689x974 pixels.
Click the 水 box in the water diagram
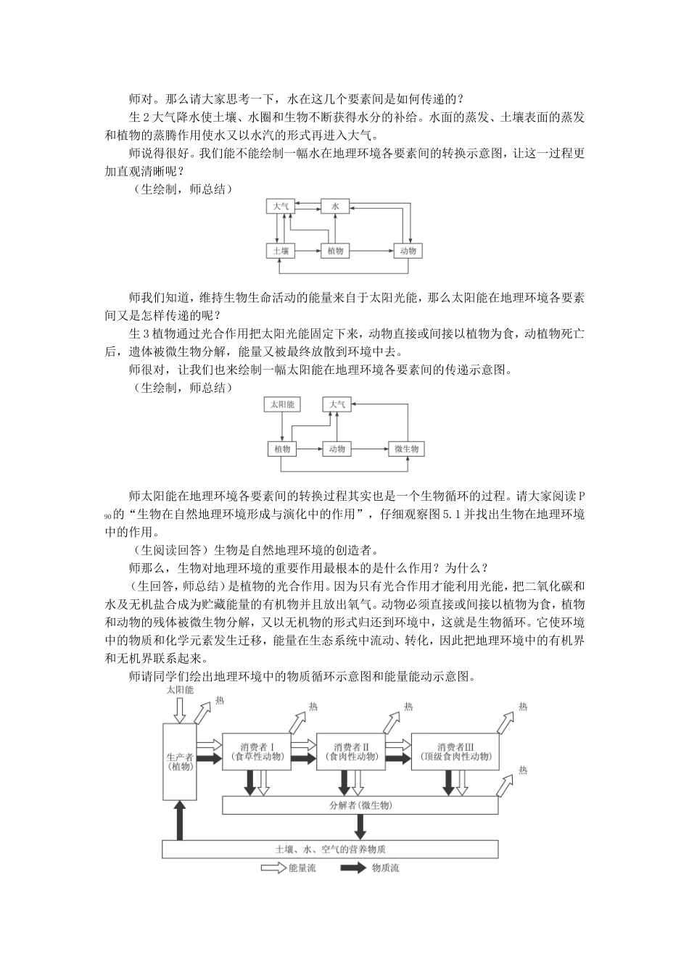(x=335, y=207)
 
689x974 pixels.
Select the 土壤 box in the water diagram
(x=281, y=251)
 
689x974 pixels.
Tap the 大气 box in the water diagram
(x=281, y=207)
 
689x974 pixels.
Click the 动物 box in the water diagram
(x=408, y=251)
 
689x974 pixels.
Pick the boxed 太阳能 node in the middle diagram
(x=282, y=404)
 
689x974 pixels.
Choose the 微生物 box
(x=406, y=449)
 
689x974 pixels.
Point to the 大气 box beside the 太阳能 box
(x=338, y=404)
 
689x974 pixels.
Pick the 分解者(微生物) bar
(x=360, y=805)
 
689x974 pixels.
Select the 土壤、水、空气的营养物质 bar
(x=330, y=849)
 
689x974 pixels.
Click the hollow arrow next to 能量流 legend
(x=273, y=867)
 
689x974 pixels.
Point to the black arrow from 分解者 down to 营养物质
(x=360, y=827)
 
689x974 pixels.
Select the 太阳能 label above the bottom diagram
(x=179, y=690)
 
